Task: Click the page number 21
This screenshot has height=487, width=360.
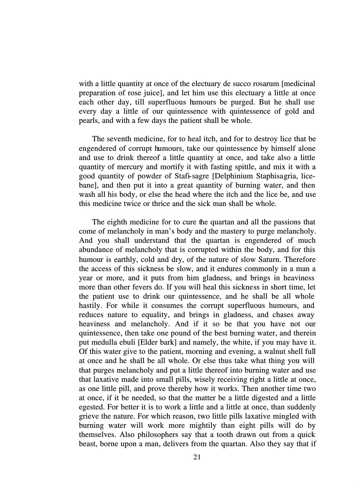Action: coord(197,457)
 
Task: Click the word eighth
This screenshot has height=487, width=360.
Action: coord(119,222)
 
